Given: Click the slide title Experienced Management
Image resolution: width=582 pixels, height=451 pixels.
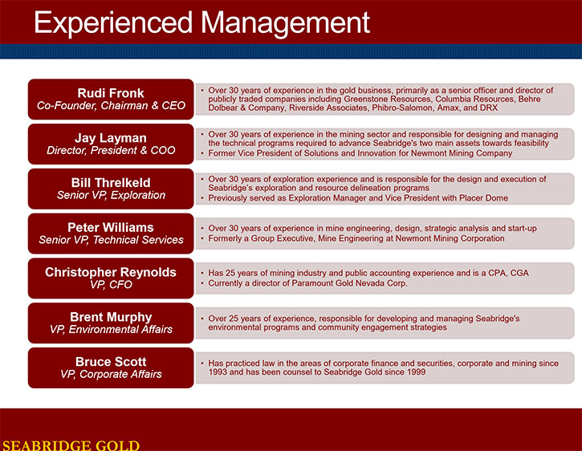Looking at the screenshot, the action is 202,24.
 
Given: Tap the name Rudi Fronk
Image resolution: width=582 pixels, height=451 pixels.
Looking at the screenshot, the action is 111,93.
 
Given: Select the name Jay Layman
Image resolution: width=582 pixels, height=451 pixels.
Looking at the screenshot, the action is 111,138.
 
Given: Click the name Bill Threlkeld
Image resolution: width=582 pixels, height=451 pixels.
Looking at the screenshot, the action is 111,183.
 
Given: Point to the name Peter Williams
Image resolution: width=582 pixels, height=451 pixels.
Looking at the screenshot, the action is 111,227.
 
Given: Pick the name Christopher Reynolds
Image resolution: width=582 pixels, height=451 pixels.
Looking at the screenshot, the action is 111,272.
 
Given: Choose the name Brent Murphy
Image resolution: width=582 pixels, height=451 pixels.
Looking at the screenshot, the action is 111,317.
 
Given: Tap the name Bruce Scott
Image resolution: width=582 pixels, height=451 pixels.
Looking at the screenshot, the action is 111,362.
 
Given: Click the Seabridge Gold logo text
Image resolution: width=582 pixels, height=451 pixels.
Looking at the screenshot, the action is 71,445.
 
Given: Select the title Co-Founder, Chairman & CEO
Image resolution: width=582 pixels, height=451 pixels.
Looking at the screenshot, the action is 111,106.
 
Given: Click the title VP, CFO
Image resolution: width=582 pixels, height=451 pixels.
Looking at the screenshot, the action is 111,285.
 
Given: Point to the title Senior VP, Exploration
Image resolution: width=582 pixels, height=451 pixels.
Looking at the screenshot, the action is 111,195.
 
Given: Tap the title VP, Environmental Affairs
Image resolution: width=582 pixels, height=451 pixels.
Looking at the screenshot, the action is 111,330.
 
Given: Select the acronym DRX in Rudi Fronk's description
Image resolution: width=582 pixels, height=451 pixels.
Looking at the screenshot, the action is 490,108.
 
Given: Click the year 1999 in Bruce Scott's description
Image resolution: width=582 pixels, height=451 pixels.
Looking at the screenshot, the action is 417,372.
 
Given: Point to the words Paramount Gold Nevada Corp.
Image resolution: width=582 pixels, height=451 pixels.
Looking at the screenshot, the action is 350,282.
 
